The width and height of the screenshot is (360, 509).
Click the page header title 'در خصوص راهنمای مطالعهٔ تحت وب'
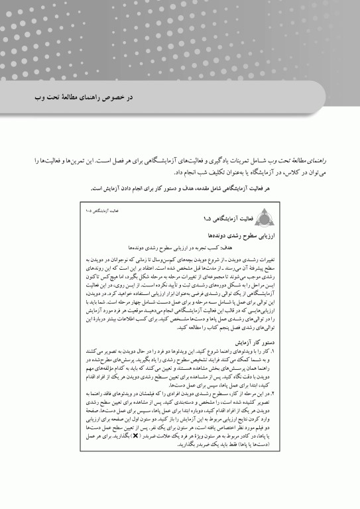(x=82, y=97)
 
